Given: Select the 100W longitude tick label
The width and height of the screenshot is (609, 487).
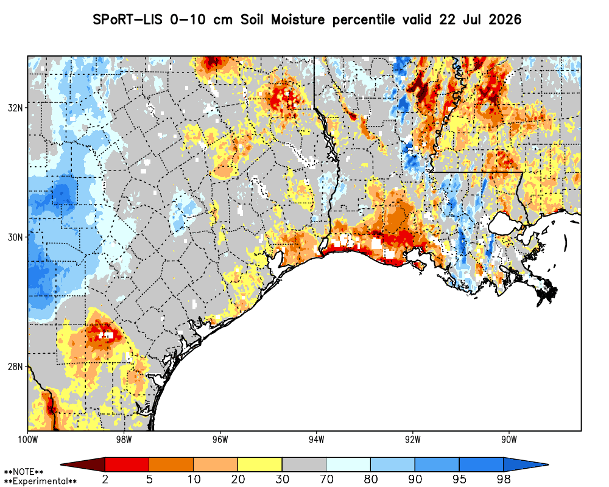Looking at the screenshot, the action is click(x=27, y=440).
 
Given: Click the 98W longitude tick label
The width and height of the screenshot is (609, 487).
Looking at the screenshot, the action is click(x=124, y=440).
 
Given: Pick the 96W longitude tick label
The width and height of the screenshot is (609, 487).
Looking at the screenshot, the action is click(x=220, y=440).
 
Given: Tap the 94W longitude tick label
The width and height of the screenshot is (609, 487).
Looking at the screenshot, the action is click(x=317, y=440).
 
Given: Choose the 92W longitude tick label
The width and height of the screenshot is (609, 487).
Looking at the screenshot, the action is click(x=413, y=440).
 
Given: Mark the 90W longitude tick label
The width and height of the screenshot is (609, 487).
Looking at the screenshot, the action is click(x=509, y=440).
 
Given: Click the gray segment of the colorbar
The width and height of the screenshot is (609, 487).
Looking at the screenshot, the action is click(x=304, y=464).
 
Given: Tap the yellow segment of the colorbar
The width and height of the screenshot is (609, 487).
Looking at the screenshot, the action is click(x=260, y=464).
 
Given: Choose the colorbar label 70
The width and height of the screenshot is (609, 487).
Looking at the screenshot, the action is click(x=326, y=479).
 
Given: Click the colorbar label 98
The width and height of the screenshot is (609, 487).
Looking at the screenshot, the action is click(x=504, y=479).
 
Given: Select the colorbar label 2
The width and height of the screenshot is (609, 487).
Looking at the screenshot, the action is click(x=105, y=479).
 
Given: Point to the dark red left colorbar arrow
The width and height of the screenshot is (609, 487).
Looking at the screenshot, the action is click(x=83, y=464).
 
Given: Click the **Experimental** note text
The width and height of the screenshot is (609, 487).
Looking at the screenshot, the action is click(x=40, y=482).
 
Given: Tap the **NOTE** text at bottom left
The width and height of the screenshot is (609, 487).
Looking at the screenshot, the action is click(x=24, y=472).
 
